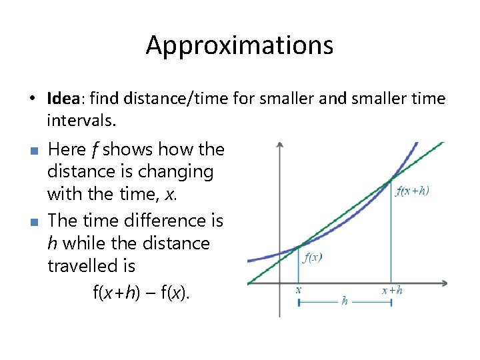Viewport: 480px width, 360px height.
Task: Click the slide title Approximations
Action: [239, 45]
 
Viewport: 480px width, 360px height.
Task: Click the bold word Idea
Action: [63, 99]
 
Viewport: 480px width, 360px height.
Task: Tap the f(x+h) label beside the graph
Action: [412, 191]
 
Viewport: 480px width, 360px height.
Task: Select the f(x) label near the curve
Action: [313, 258]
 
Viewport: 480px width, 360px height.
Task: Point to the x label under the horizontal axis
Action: [298, 290]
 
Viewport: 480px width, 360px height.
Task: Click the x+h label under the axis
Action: [391, 290]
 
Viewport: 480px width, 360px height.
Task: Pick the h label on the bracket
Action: [345, 301]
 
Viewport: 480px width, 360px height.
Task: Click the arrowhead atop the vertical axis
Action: [280, 145]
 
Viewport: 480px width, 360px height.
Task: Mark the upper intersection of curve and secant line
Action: [391, 180]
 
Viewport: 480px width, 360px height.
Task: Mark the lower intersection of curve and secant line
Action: [299, 247]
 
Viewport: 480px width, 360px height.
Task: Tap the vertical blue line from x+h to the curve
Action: [391, 233]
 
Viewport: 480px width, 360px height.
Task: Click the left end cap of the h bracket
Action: [299, 302]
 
